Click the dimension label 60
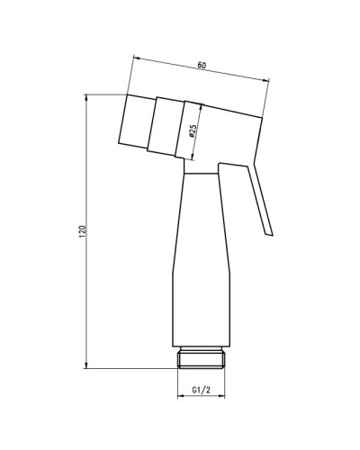[x=202, y=65]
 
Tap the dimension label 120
[x=82, y=231]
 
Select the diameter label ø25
[x=193, y=131]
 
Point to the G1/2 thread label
[x=202, y=390]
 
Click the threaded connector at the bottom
[x=202, y=357]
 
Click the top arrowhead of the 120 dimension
[x=86, y=97]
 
